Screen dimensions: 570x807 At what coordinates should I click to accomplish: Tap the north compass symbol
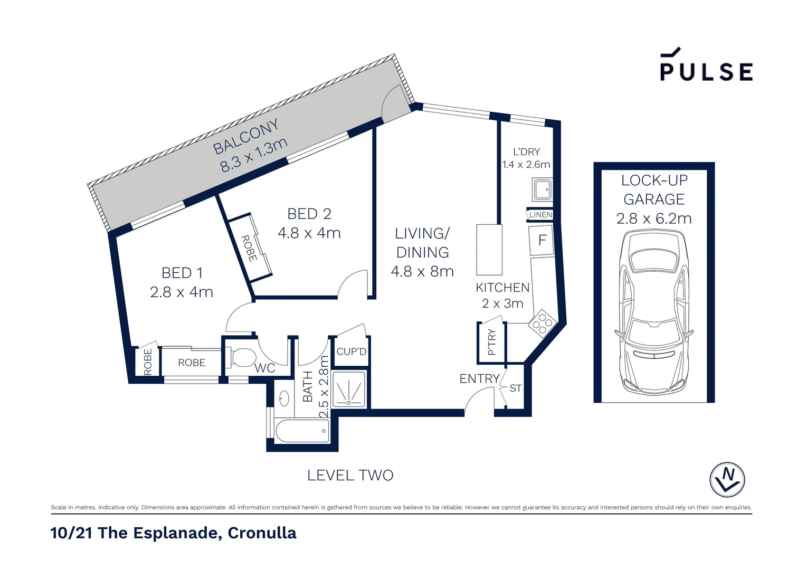pos(727,479)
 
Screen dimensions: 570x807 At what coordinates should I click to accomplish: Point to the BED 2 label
pos(309,214)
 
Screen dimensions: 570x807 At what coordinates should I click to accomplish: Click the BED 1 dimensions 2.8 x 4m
pos(181,292)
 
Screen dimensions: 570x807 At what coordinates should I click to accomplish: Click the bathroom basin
pos(284,398)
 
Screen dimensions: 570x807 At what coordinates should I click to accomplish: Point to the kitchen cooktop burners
pos(542,322)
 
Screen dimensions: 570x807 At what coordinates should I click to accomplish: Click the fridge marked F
pos(542,240)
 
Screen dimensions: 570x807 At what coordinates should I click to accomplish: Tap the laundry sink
pos(542,189)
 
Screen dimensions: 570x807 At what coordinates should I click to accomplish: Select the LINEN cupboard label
pos(540,215)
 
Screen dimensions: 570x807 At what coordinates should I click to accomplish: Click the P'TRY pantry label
pos(492,343)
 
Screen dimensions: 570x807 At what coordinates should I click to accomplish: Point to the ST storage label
pos(515,388)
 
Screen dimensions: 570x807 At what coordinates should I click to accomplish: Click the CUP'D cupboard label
pos(351,351)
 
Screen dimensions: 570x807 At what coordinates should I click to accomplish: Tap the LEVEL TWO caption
pos(350,476)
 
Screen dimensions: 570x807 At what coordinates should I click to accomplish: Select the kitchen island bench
pos(489,250)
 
